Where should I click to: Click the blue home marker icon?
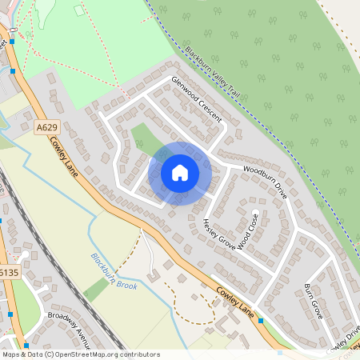180,173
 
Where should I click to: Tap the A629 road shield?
46,126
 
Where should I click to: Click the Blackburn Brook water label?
114,273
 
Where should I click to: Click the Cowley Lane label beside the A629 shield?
63,153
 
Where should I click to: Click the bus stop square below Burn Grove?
261,320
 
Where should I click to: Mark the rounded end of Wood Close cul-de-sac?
256,214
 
